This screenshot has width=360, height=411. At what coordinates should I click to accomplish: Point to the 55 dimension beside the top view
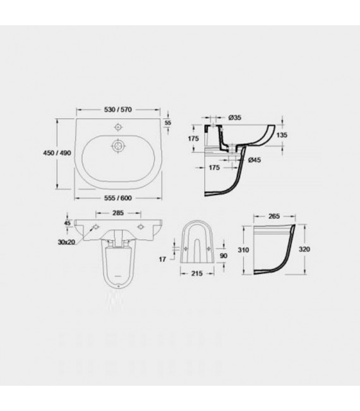pos(168,122)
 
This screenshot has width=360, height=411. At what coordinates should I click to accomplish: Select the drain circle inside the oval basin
pos(117,146)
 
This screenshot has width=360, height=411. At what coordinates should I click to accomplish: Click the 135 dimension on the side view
pos(284,135)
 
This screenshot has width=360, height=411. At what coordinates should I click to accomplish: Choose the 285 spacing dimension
pos(117,213)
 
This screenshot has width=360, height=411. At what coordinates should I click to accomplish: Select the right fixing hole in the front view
pos(140,227)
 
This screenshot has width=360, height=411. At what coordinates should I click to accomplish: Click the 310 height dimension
pos(242,249)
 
